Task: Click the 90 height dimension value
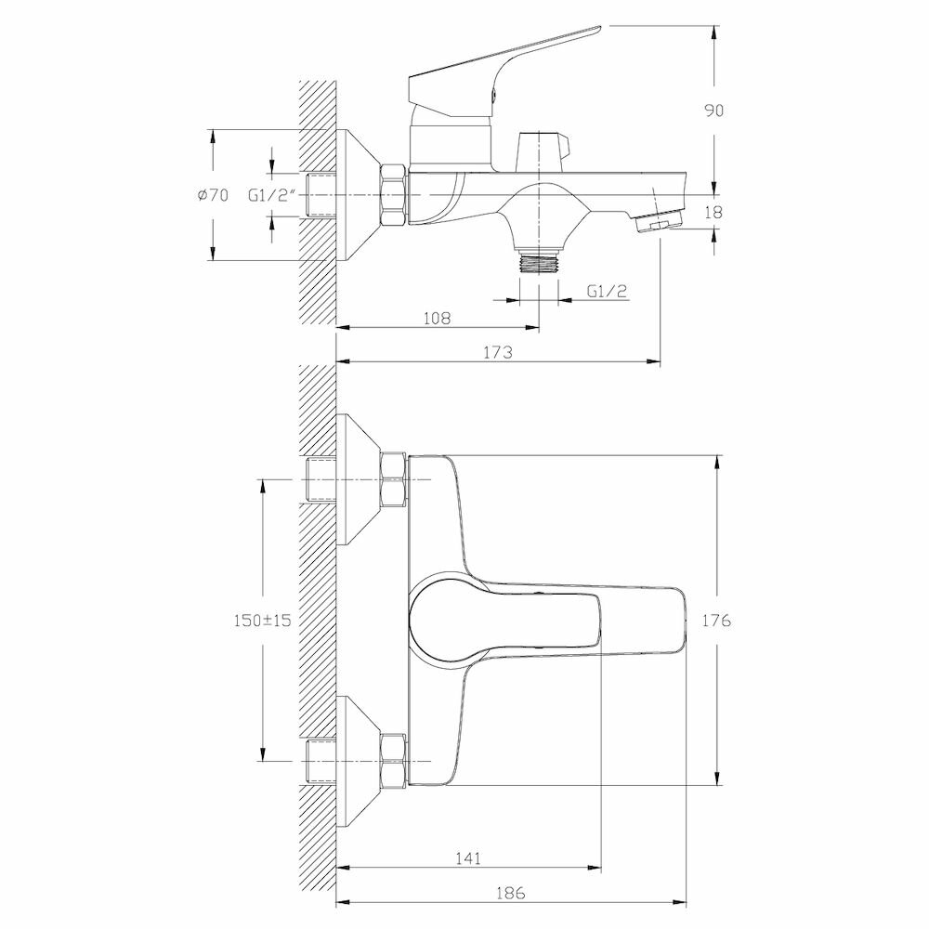pos(713,110)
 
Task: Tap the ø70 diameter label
pos(213,195)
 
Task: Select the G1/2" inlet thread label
pos(271,195)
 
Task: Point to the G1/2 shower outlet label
pos(608,291)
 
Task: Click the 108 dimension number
pos(437,318)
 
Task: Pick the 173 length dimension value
pos(499,352)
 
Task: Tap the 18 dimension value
pos(713,213)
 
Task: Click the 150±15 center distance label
pos(262,621)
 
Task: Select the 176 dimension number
pos(717,621)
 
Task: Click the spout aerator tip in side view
pos(658,222)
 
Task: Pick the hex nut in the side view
pos(393,195)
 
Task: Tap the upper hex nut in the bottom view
pos(393,479)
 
